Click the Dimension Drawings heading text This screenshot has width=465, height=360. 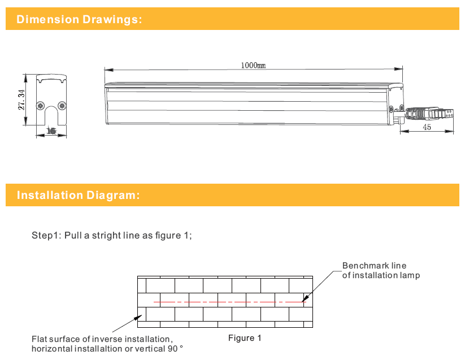pos(79,20)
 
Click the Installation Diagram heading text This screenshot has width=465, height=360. pos(78,196)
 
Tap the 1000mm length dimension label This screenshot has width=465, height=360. pos(253,65)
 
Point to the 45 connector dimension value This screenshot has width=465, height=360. pos(427,128)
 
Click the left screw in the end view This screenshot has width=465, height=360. pos(41,105)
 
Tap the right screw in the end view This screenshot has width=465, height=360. pos(62,105)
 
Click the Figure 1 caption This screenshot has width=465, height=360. pos(245,338)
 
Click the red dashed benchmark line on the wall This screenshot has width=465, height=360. pos(226,302)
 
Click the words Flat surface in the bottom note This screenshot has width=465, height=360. pos(55,339)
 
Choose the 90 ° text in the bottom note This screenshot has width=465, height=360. pos(175,349)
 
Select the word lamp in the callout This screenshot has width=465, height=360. pos(410,275)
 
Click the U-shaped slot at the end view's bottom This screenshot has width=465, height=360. pos(51,118)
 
